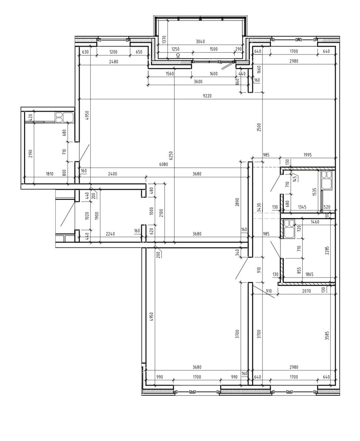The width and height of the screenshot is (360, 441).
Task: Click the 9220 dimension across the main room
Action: coord(207,96)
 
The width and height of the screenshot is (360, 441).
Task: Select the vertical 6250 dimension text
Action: coord(171,155)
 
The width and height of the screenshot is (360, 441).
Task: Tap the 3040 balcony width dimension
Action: coord(200,41)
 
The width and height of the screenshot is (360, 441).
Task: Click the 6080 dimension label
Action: coord(164,164)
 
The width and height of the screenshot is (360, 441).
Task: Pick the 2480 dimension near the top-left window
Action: coord(113,62)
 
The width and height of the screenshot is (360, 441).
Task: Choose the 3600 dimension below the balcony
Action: coord(198,82)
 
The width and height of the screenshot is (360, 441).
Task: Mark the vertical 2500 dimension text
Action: coord(259,127)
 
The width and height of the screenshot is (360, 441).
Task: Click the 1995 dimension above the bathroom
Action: coord(307,155)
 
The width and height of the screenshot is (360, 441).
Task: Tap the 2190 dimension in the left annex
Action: coord(31,154)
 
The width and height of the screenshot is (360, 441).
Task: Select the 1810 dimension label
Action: coord(50,174)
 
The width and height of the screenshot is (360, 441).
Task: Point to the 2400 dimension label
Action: coord(112,174)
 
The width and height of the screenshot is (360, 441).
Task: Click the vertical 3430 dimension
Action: coord(259,208)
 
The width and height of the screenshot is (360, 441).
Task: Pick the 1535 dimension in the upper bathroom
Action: coord(315,191)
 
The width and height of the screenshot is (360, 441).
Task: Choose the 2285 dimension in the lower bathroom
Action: coord(327,251)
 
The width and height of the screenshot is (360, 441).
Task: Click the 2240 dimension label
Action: coord(110,234)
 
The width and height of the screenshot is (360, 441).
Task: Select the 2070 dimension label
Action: coord(306,291)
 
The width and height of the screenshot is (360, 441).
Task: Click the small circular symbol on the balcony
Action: coord(178,55)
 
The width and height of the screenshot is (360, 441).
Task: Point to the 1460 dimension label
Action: coord(315,222)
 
